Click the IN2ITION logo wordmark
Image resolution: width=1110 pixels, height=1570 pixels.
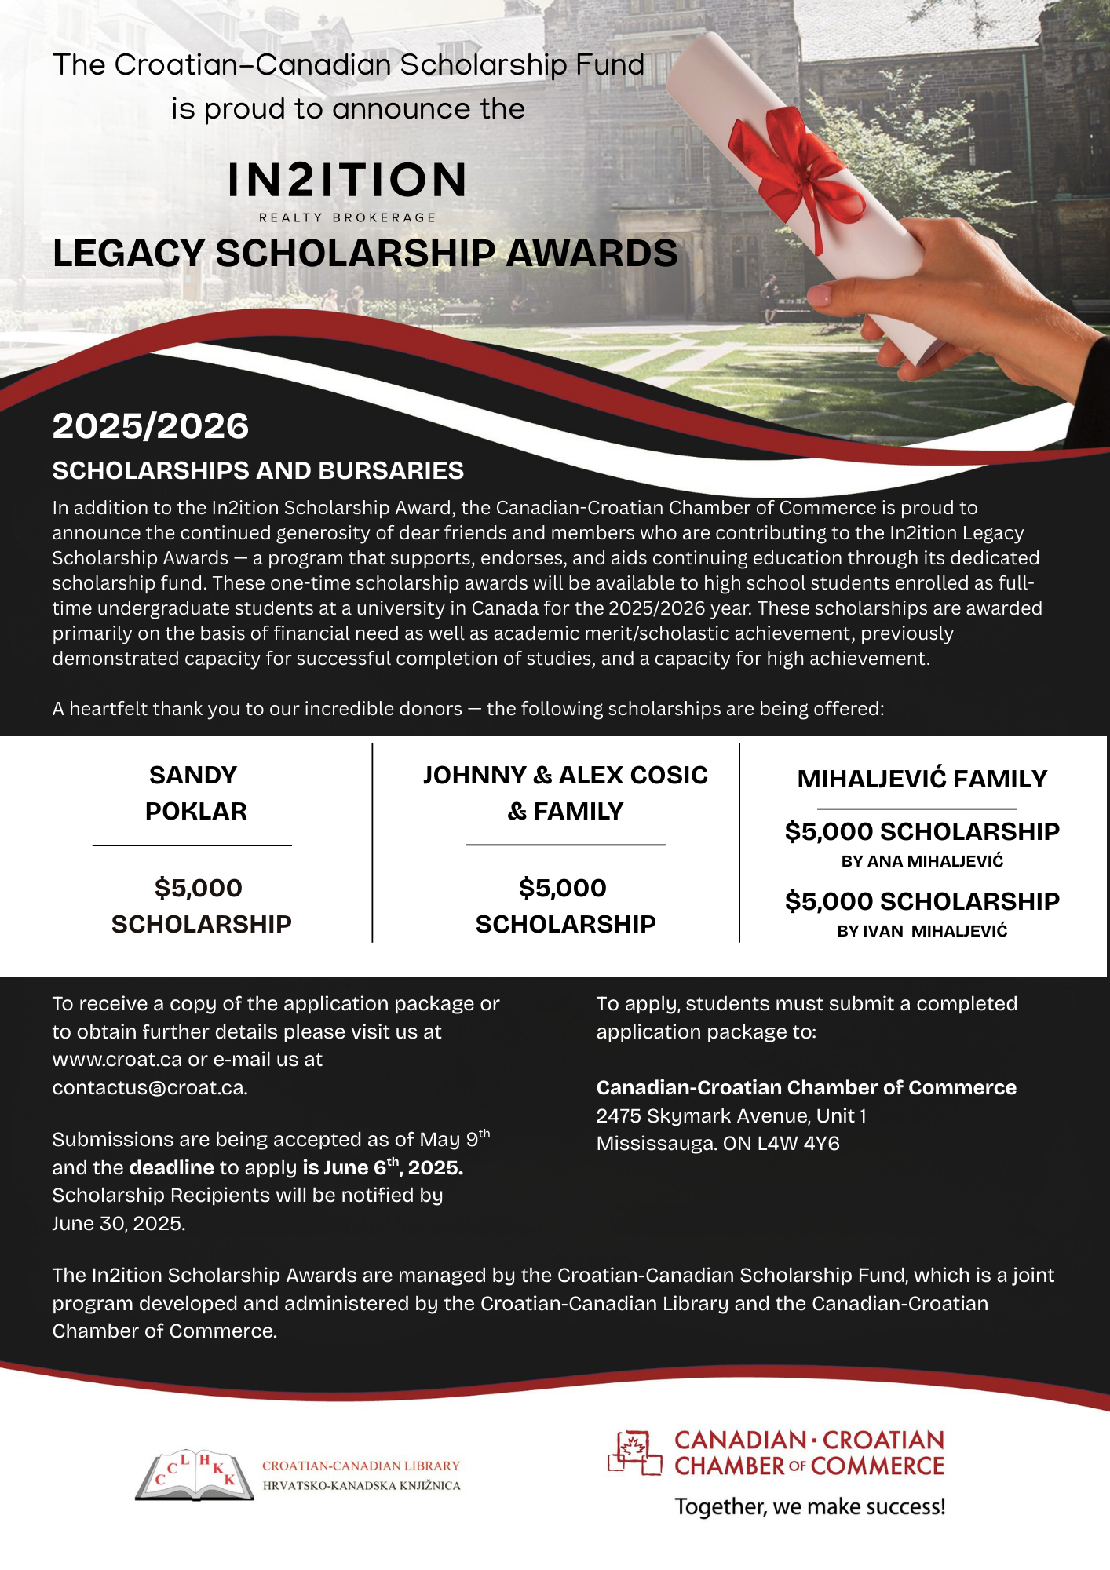347,180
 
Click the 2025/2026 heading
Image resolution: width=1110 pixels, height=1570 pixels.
151,426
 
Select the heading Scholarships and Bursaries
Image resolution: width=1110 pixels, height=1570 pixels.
258,470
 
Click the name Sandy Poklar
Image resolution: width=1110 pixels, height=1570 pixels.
195,793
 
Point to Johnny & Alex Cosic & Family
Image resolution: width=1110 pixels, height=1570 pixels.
565,793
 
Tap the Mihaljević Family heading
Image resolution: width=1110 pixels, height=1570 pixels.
922,779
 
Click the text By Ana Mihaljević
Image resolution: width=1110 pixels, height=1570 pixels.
922,861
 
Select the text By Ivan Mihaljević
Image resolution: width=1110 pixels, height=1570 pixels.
922,931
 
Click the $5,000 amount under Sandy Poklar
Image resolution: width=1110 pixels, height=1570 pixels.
199,888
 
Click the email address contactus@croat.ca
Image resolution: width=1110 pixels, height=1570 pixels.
149,1088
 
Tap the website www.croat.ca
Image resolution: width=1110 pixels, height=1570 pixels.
117,1060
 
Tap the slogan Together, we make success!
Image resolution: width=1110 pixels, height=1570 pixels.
810,1506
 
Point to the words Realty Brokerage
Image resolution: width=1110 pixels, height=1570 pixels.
347,217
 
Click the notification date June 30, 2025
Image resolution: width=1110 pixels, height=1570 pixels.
118,1224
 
